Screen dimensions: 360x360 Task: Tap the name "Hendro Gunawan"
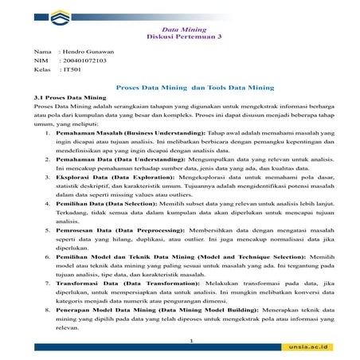[x=88, y=51]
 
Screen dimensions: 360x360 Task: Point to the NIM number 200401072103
[x=90, y=61]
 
